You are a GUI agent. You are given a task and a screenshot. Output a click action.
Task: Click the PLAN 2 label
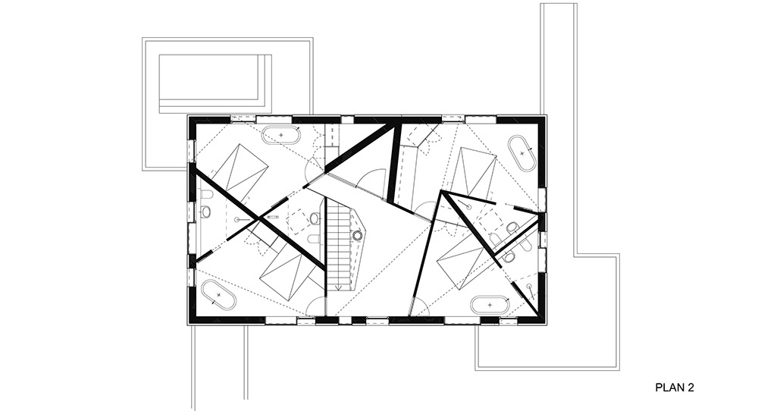coord(675,387)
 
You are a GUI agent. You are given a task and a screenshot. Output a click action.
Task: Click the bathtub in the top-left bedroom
coord(281,135)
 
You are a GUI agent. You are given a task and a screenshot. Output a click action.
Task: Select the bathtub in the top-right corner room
coord(522,152)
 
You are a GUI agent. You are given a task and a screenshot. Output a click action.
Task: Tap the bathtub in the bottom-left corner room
coord(218,294)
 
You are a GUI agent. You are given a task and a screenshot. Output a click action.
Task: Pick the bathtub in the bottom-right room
coord(490,305)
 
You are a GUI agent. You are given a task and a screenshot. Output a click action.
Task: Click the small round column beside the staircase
coord(357,236)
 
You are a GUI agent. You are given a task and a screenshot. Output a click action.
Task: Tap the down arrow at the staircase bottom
coord(340,287)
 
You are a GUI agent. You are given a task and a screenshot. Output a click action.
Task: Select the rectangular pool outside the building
coord(215,83)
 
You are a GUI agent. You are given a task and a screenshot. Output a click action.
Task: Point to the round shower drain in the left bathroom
coord(236,219)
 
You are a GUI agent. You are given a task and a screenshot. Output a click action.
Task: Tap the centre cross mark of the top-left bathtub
coord(281,135)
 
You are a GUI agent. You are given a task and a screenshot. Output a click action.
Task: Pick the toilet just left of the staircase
coord(315,219)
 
